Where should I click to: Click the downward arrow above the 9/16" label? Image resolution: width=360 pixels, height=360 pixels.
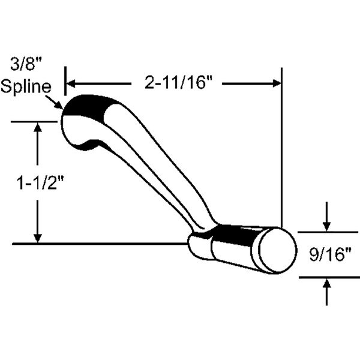click(x=327, y=226)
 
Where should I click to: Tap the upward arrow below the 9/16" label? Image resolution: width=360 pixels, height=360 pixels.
click(x=327, y=284)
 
